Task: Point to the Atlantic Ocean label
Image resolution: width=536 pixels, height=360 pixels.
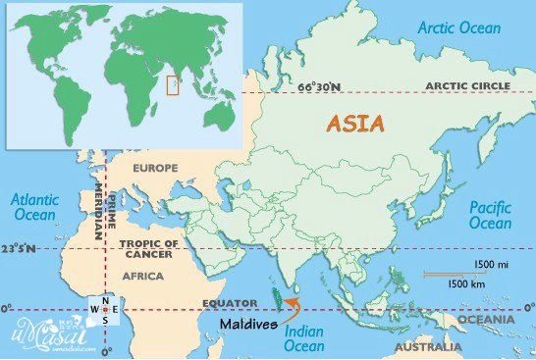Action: pos(35,207)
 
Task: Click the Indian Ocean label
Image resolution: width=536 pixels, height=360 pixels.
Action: pos(303,338)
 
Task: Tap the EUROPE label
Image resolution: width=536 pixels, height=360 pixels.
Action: pos(156,168)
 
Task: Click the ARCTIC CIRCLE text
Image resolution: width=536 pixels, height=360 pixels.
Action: pos(467,87)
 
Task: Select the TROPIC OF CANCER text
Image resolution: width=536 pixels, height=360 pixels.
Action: pos(150,248)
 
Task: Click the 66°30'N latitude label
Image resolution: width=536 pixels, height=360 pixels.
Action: pos(320,87)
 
